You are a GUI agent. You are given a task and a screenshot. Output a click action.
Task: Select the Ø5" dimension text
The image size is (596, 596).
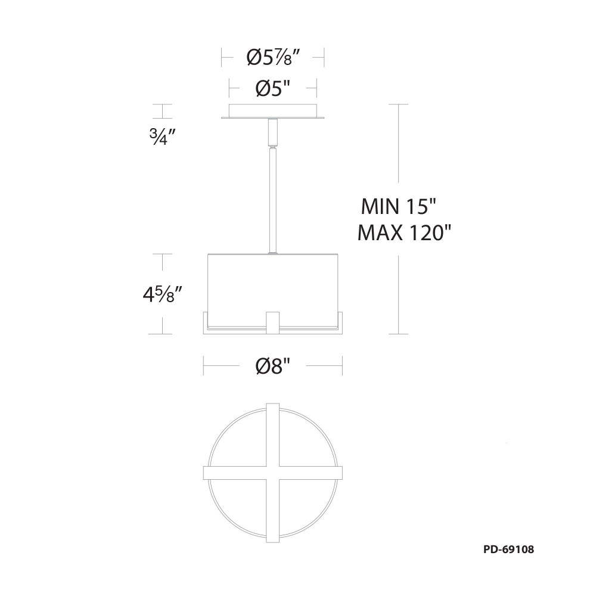coord(273,89)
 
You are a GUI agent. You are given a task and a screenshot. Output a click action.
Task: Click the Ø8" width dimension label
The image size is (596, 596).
coord(273,366)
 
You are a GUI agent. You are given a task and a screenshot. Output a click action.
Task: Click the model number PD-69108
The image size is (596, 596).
coord(508,550)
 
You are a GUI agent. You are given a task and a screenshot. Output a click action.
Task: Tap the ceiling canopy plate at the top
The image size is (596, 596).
coord(273,111)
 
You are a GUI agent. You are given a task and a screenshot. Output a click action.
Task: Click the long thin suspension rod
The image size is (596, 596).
coord(273,200)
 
